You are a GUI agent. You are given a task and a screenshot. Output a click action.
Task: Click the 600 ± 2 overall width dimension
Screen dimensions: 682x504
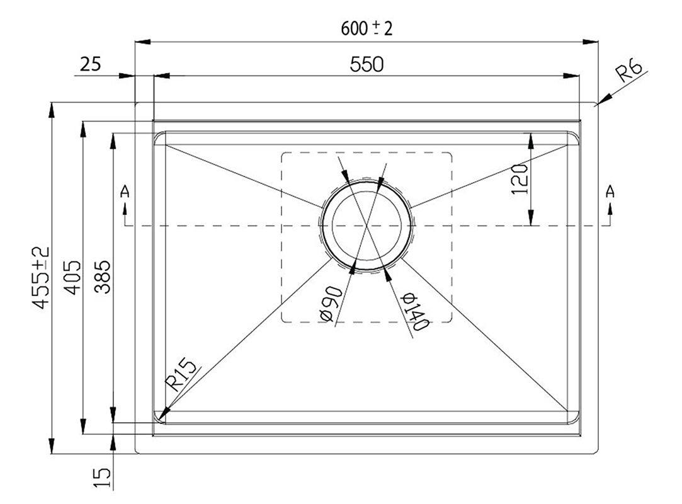pos(367,29)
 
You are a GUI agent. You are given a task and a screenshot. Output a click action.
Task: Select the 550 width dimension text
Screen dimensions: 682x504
pos(367,64)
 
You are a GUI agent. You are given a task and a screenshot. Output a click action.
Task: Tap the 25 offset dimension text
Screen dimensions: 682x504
pos(91,64)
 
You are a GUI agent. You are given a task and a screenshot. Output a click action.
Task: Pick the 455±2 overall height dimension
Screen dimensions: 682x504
pos(42,277)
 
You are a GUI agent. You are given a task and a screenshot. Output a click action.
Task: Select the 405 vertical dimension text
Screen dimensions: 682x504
pos(72,277)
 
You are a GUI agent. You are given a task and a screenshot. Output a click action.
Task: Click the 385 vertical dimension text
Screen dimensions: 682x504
pos(103,277)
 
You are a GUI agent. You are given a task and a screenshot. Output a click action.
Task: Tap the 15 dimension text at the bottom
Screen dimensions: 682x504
pos(103,478)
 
